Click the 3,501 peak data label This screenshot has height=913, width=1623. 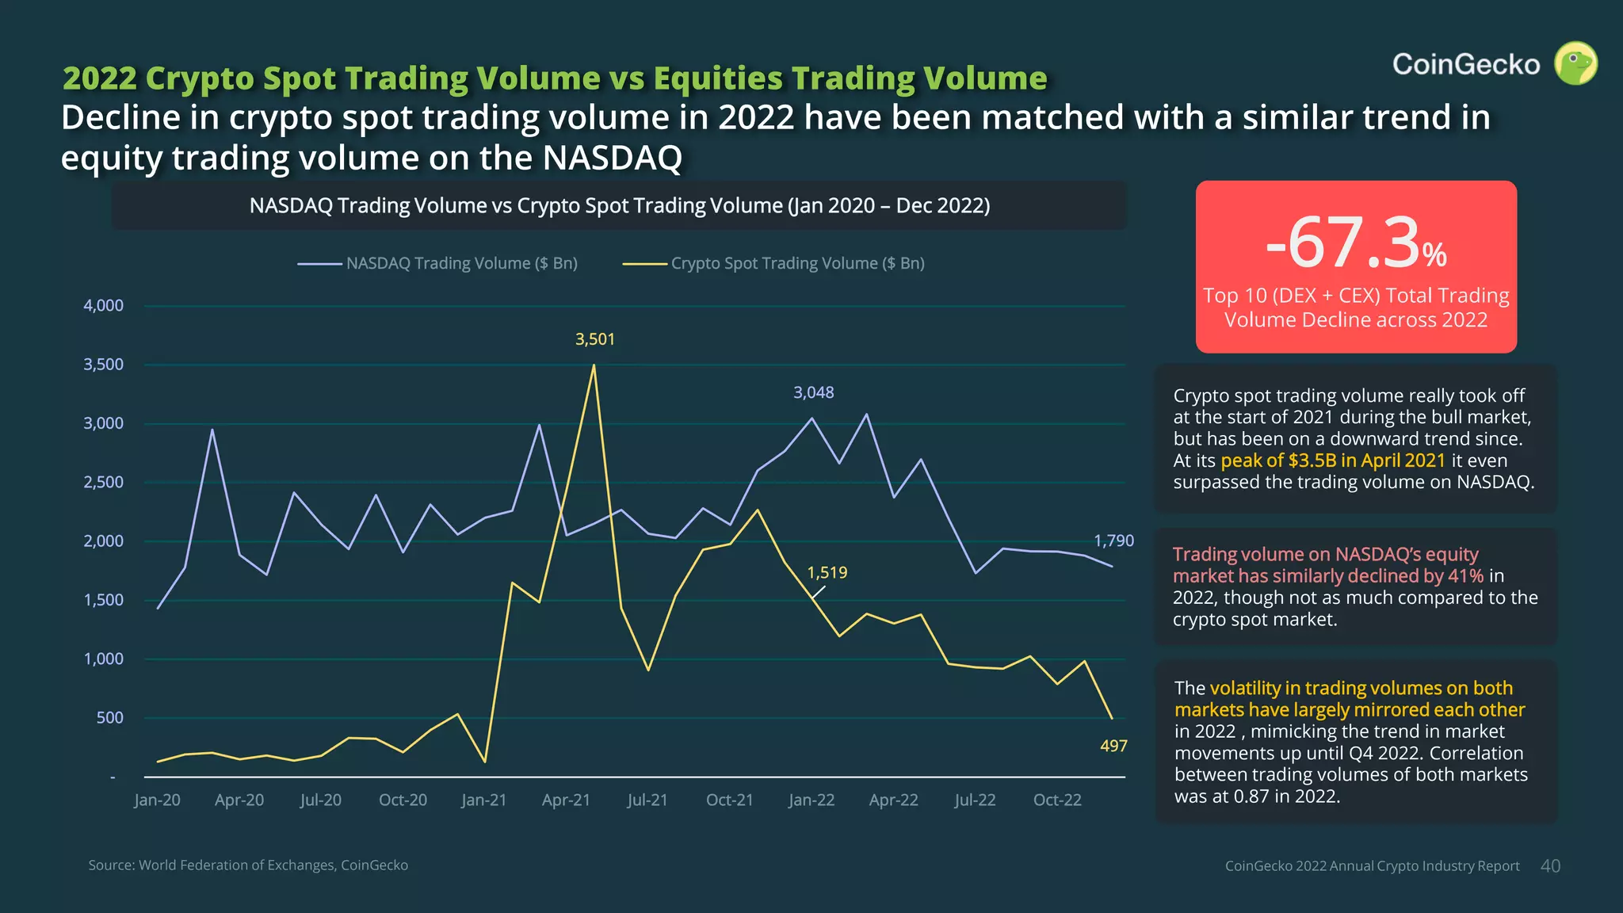pos(594,339)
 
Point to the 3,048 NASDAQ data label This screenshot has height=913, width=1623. pos(813,392)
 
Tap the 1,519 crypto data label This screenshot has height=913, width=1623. pos(827,572)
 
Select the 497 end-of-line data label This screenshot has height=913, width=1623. pos(1113,746)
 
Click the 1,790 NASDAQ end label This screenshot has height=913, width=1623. pos(1113,541)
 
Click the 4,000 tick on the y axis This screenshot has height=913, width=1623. pos(104,306)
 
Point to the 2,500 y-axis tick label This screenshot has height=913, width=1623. pos(104,483)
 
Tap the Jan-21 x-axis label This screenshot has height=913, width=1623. pos(483,800)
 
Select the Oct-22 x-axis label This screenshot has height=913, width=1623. pos(1056,800)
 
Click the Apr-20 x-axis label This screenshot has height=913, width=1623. pos(239,800)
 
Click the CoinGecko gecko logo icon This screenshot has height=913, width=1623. pos(1575,64)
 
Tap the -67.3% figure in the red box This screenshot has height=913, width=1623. pos(1356,244)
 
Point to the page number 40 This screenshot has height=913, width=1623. pos(1550,866)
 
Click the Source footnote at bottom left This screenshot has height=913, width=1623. pos(248,865)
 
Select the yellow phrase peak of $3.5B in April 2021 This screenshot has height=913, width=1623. pos(1333,460)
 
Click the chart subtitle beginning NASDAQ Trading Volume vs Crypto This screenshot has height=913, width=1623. pos(619,206)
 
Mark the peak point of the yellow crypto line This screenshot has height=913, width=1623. pos(594,365)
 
